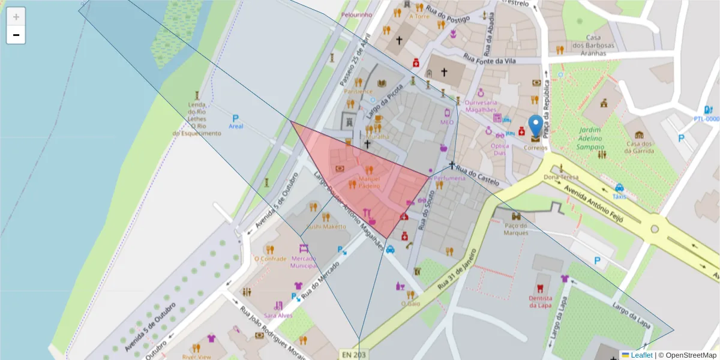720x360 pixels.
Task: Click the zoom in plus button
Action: pos(16,17)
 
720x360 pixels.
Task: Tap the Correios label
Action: pos(535,148)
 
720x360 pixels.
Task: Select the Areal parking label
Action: pos(236,127)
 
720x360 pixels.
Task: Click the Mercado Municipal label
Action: pos(303,262)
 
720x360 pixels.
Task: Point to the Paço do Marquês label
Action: pos(515,229)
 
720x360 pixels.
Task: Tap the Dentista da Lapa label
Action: pos(540,302)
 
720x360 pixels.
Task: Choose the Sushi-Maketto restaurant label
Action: pos(326,227)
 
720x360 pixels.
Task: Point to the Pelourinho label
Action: pos(356,14)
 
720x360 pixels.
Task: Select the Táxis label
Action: pos(619,196)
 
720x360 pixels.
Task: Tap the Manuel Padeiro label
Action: pos(370,182)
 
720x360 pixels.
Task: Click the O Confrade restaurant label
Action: pos(270,259)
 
